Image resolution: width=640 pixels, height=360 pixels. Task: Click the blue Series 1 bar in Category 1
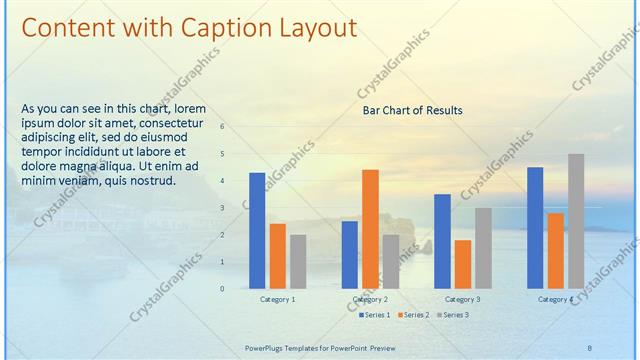click(x=257, y=230)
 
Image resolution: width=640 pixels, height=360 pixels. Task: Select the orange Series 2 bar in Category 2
click(x=370, y=228)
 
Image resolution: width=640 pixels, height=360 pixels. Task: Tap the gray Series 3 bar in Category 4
click(x=576, y=220)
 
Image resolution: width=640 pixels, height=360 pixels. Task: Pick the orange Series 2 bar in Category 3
click(x=463, y=264)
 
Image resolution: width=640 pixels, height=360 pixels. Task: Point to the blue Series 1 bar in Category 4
click(x=535, y=227)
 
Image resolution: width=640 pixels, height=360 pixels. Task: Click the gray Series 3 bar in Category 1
click(x=298, y=261)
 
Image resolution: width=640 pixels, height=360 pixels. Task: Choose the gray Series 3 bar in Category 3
click(x=483, y=248)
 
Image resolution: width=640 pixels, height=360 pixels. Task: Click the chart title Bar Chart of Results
click(x=412, y=110)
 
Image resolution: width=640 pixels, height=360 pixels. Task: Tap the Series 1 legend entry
click(x=374, y=315)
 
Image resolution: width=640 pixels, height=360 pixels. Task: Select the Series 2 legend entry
click(x=413, y=315)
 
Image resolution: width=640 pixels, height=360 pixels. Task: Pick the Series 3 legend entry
click(x=452, y=315)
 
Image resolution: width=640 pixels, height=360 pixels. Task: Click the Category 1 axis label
click(x=277, y=300)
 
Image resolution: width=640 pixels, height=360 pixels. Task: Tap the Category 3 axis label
click(x=462, y=300)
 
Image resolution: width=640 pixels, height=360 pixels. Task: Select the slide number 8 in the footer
click(x=590, y=346)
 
